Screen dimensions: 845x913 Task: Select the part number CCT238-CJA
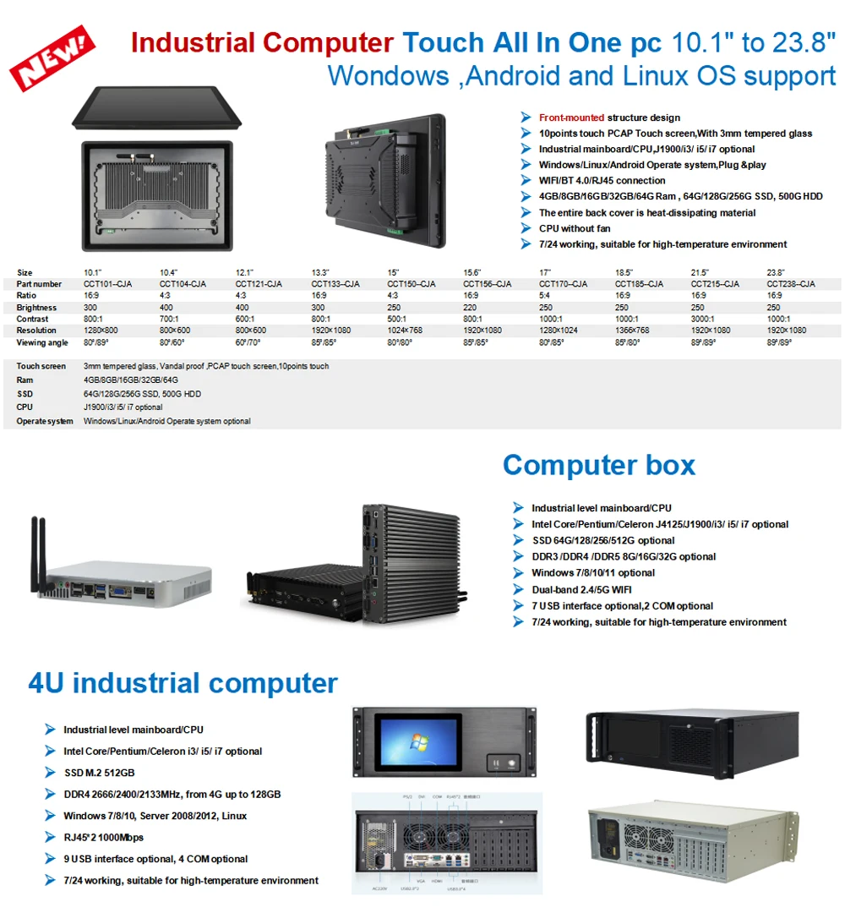click(791, 284)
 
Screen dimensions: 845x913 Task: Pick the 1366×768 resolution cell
click(632, 331)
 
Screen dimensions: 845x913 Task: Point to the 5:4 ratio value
click(545, 296)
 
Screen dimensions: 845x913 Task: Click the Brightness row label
click(36, 308)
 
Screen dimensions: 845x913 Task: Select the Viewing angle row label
click(41, 342)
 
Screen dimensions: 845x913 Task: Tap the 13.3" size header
click(320, 272)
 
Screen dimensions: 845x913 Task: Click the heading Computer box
click(598, 465)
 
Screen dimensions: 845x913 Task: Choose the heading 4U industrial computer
click(183, 683)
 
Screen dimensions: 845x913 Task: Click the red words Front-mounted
click(571, 118)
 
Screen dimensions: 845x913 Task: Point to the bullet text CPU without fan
click(575, 228)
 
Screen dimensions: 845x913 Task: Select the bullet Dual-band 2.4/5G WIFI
click(581, 589)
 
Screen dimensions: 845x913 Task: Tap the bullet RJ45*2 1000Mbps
click(103, 837)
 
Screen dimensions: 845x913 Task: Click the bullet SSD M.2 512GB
click(99, 773)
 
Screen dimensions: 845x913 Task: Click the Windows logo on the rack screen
click(416, 744)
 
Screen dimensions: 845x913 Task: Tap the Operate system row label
click(45, 421)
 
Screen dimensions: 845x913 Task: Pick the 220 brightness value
click(470, 308)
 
